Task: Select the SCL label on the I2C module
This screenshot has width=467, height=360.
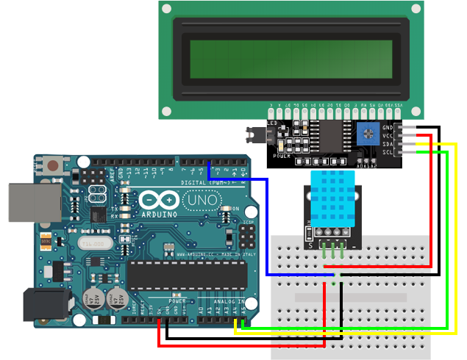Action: coord(388,152)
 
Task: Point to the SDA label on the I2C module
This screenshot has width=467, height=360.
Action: coord(388,144)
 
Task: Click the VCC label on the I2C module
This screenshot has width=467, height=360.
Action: coord(388,136)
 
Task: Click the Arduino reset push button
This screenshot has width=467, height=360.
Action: coord(53,165)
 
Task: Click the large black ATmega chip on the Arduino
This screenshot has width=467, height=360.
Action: coord(188,273)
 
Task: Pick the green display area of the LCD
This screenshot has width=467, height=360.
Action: coord(290,60)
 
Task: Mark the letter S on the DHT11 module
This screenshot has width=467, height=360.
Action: coord(310,245)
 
